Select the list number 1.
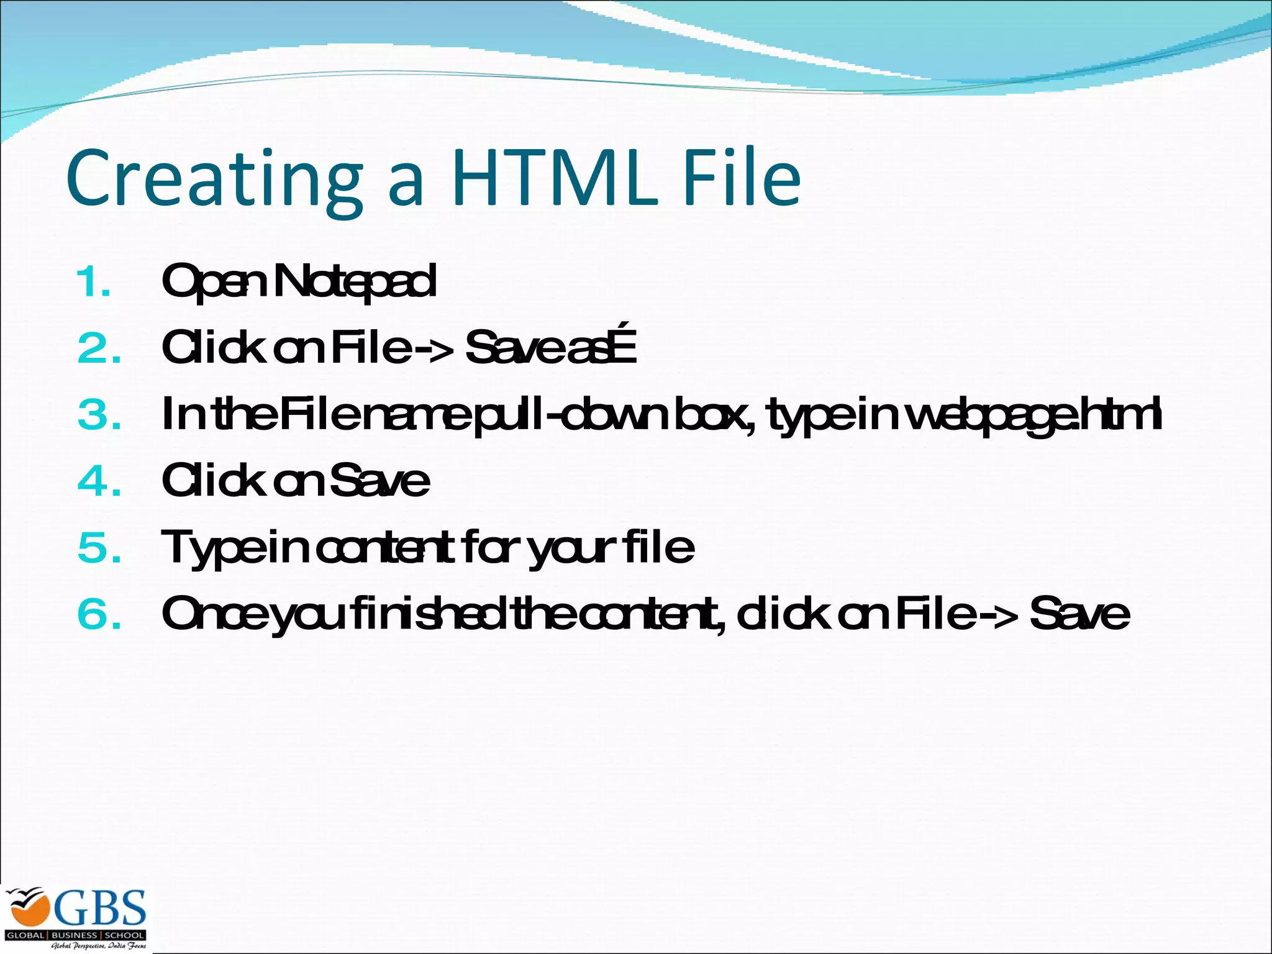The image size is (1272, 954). tap(94, 283)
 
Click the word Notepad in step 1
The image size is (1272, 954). tap(355, 282)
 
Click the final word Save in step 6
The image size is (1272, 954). tap(1080, 614)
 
